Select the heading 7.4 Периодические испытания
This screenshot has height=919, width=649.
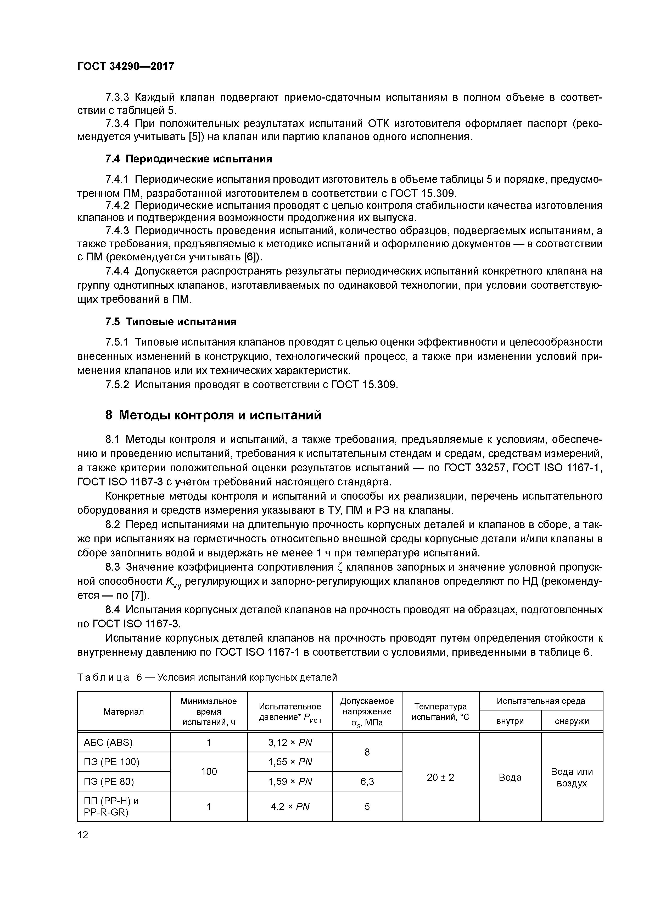(188, 159)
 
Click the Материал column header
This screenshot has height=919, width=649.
(124, 712)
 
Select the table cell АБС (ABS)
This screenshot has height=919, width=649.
(108, 742)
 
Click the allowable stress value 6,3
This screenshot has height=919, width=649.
(367, 781)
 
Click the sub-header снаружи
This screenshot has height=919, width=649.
(572, 721)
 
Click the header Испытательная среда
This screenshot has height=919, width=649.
(541, 701)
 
